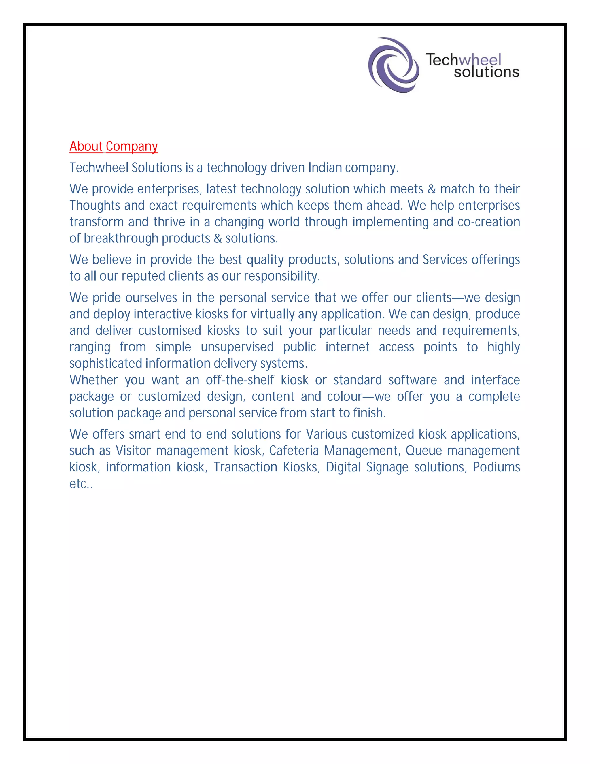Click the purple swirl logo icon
point(394,65)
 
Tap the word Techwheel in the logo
point(464,59)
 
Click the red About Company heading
point(114,146)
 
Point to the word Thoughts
point(94,205)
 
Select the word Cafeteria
point(294,451)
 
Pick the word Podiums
point(496,467)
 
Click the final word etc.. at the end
point(81,484)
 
